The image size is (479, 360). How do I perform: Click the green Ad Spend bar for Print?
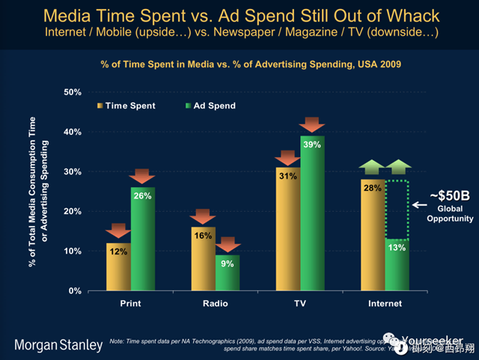[143, 240]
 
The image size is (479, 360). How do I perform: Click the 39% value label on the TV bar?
[313, 144]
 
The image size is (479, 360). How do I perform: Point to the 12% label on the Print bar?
[118, 251]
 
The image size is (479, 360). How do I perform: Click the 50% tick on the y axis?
[72, 92]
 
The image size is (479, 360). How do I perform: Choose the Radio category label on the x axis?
[216, 304]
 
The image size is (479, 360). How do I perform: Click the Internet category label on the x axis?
[385, 304]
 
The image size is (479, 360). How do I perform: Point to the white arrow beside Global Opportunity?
[420, 204]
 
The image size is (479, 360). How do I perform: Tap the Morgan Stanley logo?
[59, 345]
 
